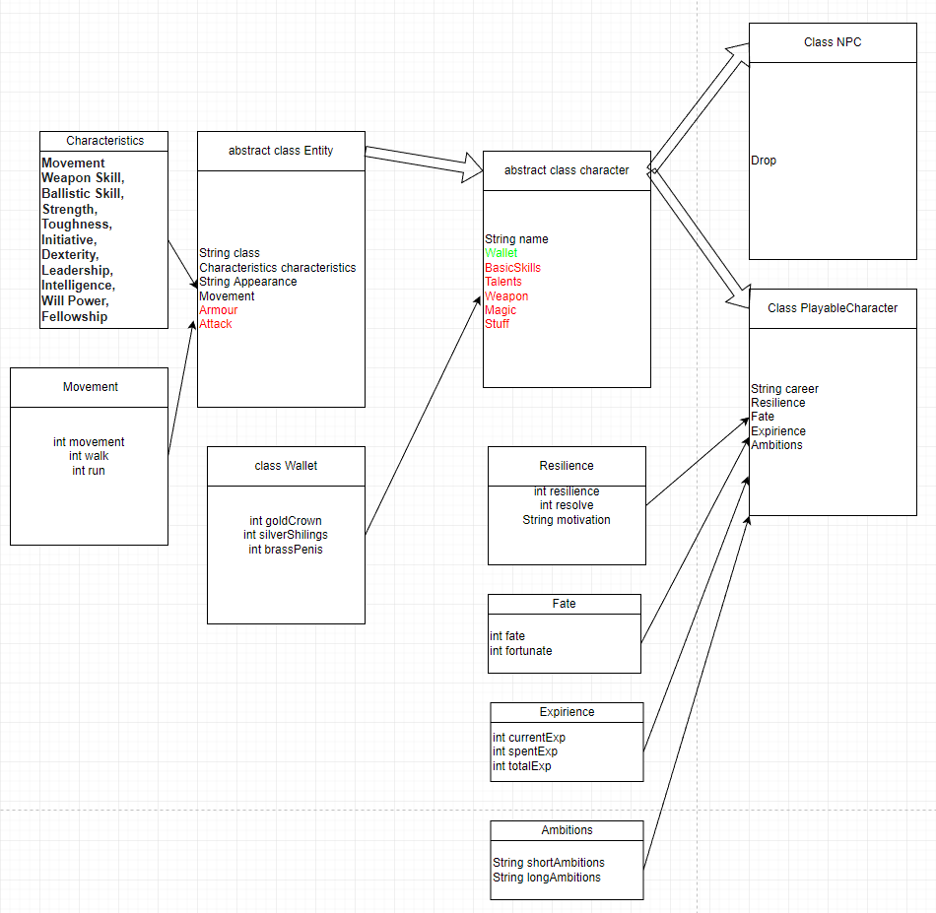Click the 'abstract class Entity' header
pos(281,151)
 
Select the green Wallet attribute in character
pos(501,253)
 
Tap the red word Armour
pos(218,310)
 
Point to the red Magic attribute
pos(500,310)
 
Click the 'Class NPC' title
pos(833,42)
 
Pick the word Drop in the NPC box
pos(764,161)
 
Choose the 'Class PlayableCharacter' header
pos(833,308)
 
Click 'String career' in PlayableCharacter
pos(784,389)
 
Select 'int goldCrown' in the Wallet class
pos(286,521)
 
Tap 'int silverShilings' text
pos(286,535)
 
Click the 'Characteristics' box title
pos(104,141)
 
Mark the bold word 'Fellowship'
pos(75,317)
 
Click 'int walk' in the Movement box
pos(89,457)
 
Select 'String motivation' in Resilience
pos(567,520)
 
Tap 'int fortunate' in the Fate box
pos(521,651)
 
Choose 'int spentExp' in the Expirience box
pos(525,751)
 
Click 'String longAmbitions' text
pos(547,878)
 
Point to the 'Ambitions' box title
pos(567,830)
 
